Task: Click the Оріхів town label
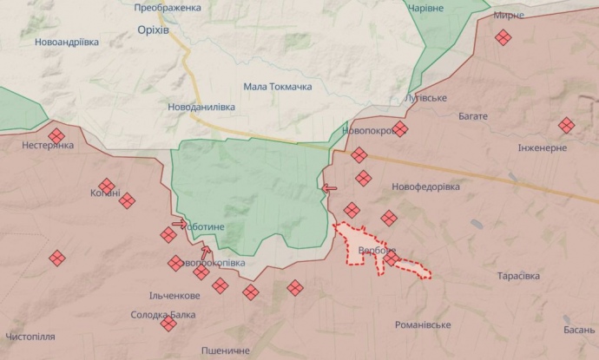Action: coord(153,29)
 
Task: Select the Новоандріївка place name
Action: coord(67,42)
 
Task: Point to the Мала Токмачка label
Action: coord(278,86)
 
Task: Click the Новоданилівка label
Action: coord(201,107)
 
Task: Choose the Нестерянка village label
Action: coord(48,147)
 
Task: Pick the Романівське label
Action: coord(423,324)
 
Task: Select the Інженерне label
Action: coord(543,147)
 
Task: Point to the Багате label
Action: coord(468,116)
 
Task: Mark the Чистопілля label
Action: coord(30,336)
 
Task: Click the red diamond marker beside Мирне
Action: coord(503,37)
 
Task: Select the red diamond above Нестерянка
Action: coord(56,135)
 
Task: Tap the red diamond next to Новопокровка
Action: coord(399,129)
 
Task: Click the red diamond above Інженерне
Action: coord(566,126)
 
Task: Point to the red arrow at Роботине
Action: coord(179,224)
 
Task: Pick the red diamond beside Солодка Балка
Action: coord(168,324)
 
